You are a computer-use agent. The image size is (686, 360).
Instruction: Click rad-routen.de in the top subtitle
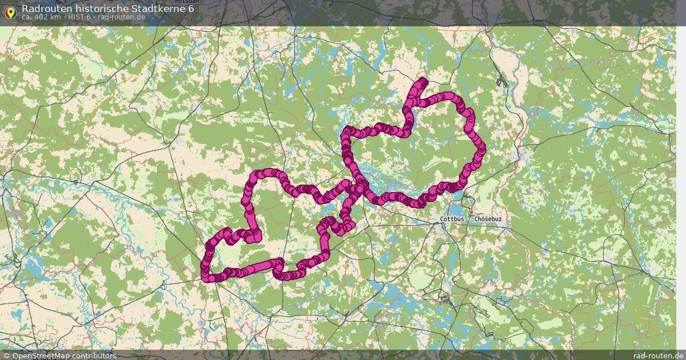tap(121, 17)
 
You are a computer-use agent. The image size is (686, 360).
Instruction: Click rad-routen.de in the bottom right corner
tap(658, 356)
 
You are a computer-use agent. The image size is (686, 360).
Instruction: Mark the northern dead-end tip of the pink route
tap(423, 81)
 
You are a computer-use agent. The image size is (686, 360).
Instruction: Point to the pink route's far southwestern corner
tap(206, 278)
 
